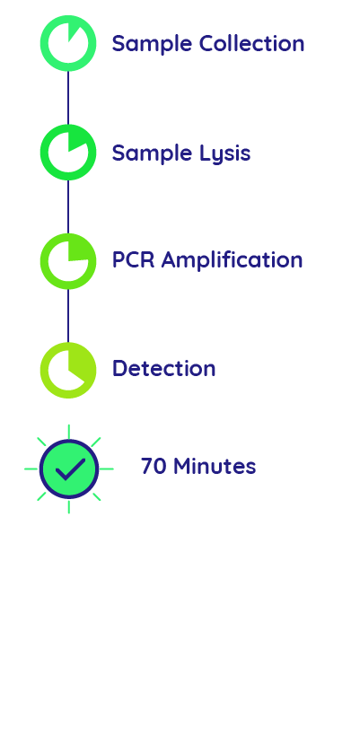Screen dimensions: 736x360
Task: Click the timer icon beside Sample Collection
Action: pos(68,43)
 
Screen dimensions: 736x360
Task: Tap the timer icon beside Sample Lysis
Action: pos(68,153)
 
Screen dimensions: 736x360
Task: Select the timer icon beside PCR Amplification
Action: pos(68,261)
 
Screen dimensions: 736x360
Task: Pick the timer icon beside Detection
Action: pos(68,370)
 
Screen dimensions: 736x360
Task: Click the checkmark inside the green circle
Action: pos(69,469)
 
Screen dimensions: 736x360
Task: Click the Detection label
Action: pos(163,369)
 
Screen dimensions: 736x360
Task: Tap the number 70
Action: pos(154,467)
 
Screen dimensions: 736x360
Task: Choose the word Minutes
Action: pos(215,467)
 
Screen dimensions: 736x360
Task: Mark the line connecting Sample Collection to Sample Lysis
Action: pos(68,98)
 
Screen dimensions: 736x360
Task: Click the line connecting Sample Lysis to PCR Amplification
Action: pos(68,206)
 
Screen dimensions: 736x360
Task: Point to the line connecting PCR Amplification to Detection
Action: pos(68,315)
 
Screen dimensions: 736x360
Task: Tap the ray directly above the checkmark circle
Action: pos(69,430)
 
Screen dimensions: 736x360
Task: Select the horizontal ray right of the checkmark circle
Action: pos(107,469)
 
